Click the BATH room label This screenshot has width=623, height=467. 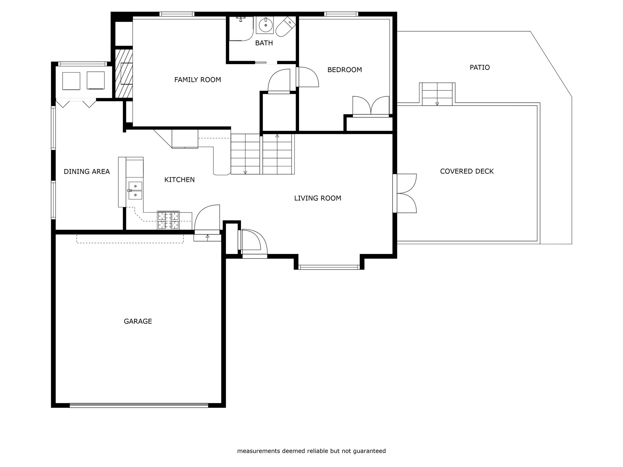(264, 43)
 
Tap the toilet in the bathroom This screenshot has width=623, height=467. (286, 26)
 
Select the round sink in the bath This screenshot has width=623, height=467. (265, 25)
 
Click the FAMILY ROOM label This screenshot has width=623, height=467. (197, 80)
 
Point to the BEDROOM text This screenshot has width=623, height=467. (344, 70)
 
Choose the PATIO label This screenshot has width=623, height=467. (480, 67)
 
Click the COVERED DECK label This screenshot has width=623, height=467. (467, 171)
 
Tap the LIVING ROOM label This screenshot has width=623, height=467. (318, 198)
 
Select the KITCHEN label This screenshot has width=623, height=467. (179, 180)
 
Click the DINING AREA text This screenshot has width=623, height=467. (87, 171)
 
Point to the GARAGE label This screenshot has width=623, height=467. (138, 321)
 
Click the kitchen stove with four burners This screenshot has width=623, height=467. (168, 220)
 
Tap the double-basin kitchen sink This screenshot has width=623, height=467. (135, 191)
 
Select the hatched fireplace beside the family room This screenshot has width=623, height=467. (124, 73)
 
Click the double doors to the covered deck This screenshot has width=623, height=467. (405, 193)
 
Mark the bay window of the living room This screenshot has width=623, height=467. (329, 267)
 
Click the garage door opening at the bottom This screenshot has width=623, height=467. (139, 405)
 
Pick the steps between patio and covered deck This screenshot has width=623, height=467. (437, 94)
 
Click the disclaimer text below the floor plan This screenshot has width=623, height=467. (311, 451)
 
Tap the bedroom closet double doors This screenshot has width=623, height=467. (371, 106)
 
